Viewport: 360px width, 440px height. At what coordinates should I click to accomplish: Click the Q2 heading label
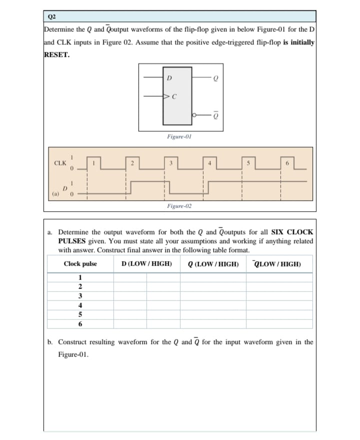(51, 16)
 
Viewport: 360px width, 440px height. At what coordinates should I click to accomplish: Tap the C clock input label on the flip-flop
(175, 97)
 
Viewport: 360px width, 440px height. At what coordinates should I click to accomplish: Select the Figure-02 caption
(179, 205)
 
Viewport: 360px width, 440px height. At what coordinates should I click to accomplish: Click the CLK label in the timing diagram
(60, 163)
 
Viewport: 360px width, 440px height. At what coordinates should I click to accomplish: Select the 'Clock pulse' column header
(80, 264)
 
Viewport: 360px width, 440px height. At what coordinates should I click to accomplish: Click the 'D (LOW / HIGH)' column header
(146, 264)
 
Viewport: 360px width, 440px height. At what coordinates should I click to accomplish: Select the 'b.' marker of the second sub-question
(51, 342)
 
